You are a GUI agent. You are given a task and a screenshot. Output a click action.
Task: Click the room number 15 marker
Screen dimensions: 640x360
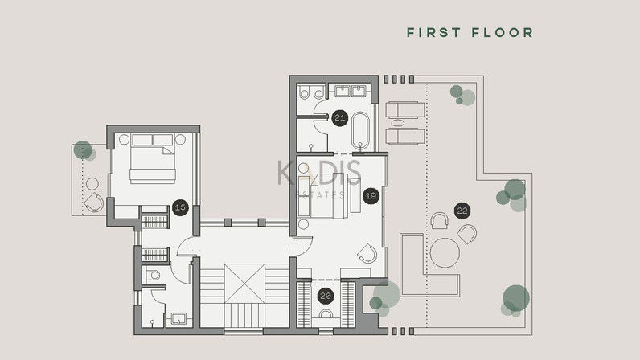pos(180,207)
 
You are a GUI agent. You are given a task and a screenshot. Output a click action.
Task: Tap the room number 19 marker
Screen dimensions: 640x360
pos(371,196)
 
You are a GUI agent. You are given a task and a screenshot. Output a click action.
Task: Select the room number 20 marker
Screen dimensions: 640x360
pos(326,296)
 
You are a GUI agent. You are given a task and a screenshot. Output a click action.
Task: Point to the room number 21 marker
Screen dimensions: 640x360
pos(339,118)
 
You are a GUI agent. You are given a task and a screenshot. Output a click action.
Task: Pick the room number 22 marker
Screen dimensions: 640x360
pos(462,211)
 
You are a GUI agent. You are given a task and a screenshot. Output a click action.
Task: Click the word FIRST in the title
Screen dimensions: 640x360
pos(434,33)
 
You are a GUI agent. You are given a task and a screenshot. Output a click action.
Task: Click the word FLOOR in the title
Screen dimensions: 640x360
pos(503,33)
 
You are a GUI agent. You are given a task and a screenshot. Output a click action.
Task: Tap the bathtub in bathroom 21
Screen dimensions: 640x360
pos(360,131)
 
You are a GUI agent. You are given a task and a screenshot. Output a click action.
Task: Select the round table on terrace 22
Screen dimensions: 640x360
pos(445,253)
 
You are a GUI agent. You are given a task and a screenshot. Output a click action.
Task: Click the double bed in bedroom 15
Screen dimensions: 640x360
pos(153,159)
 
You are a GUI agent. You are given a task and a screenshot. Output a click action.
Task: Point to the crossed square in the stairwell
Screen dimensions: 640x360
pos(244,284)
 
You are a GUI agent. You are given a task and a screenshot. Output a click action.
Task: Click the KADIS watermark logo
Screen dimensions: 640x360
pos(319,173)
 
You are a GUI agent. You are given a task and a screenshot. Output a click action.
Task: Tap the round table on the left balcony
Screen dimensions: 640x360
pos(92,184)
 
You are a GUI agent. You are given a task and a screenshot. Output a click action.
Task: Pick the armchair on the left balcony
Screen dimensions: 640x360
pos(94,202)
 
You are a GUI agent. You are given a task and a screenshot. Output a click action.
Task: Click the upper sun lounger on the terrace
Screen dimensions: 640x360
pos(405,110)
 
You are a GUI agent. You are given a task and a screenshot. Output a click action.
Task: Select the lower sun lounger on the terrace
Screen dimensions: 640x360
pos(405,137)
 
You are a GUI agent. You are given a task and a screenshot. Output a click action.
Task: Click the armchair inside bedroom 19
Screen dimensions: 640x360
pos(367,253)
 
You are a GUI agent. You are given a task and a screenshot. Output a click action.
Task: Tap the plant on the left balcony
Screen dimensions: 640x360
pos(84,151)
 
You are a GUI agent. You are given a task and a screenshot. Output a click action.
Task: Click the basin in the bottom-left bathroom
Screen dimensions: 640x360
pos(178,318)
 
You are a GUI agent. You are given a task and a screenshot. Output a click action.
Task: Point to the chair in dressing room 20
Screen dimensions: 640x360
pos(326,313)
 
